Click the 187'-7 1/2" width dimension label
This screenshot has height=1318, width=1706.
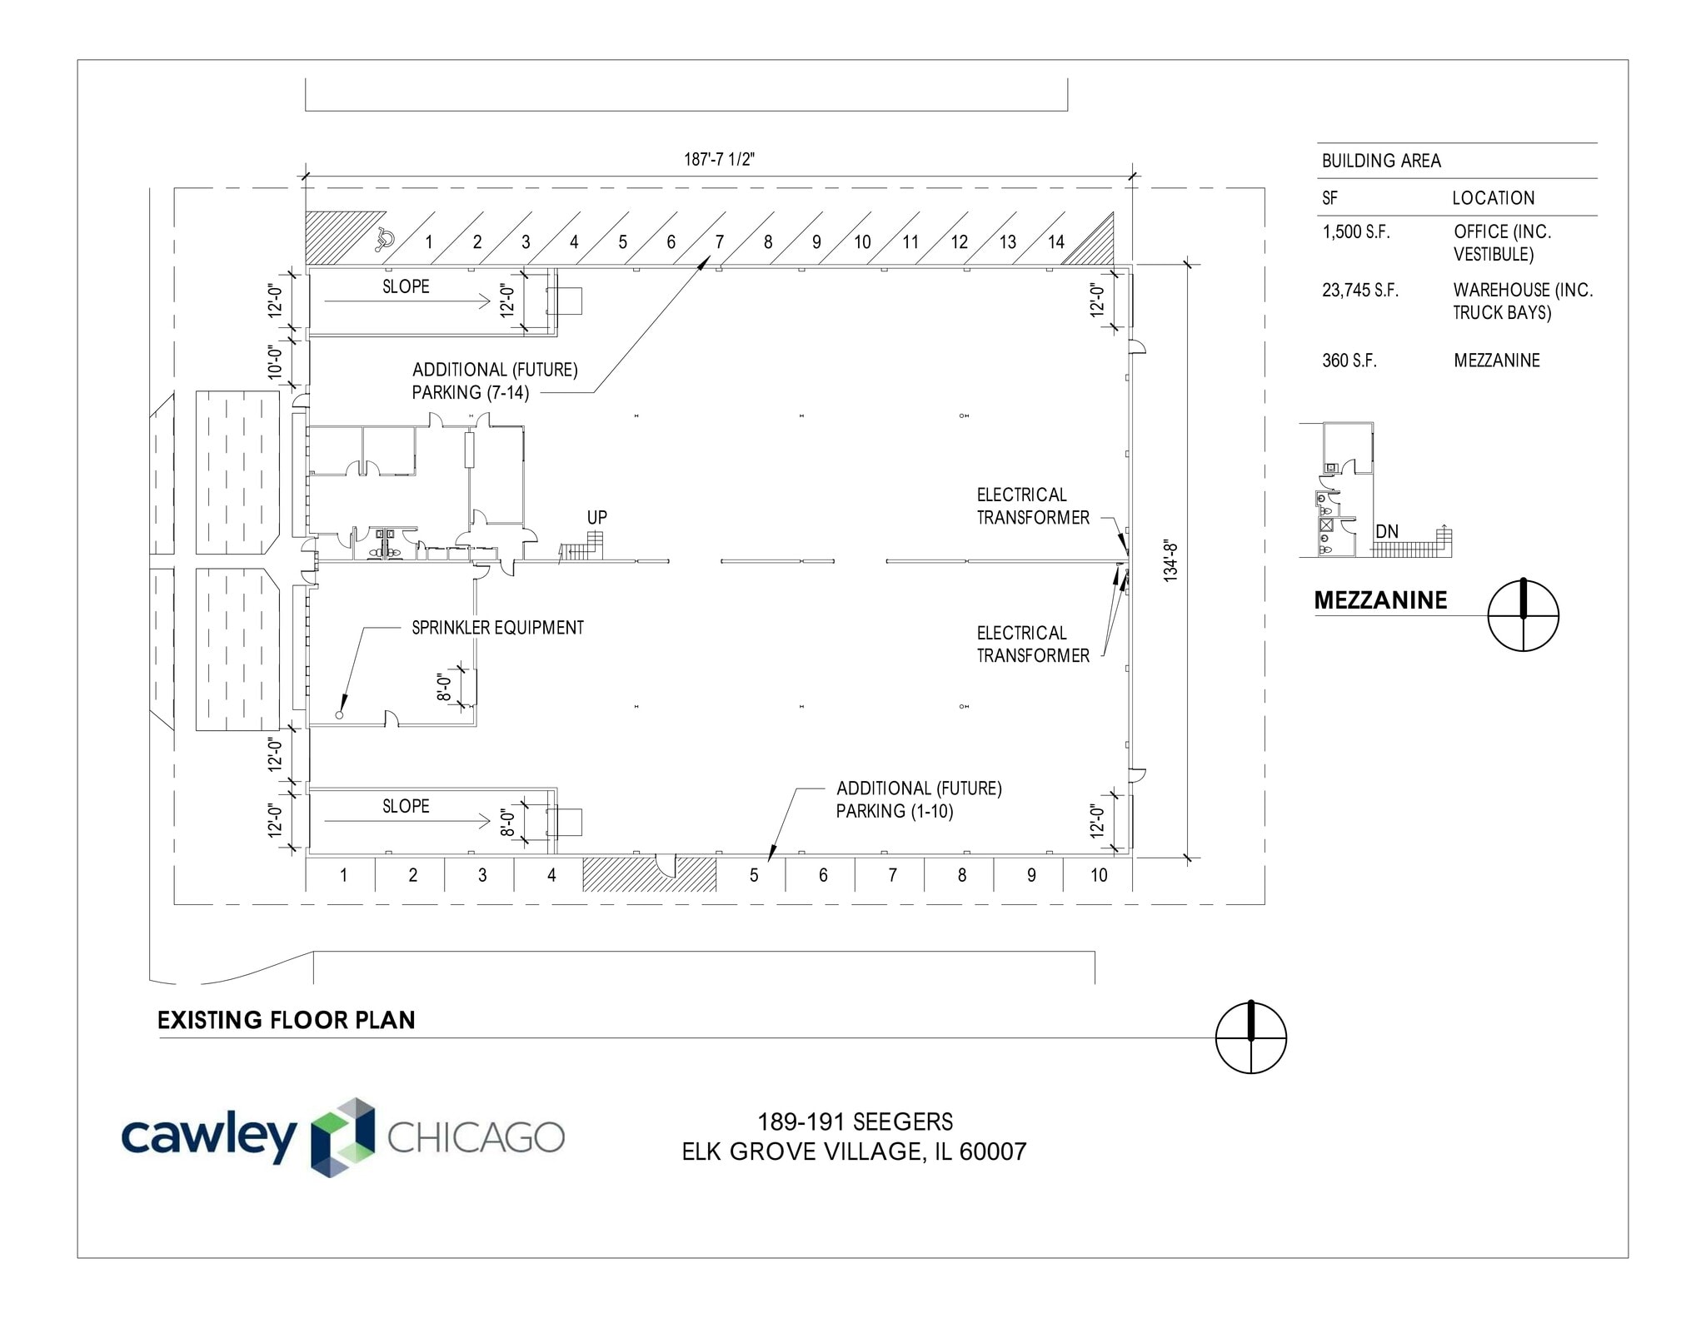pyautogui.click(x=719, y=159)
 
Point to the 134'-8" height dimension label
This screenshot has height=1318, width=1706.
pyautogui.click(x=1170, y=560)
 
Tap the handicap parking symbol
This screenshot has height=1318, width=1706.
pyautogui.click(x=384, y=239)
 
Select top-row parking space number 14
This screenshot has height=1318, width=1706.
pyautogui.click(x=1055, y=242)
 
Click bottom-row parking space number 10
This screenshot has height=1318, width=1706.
pyautogui.click(x=1099, y=875)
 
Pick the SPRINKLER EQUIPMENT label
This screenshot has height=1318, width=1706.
pyautogui.click(x=497, y=628)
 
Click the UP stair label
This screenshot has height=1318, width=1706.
pyautogui.click(x=596, y=517)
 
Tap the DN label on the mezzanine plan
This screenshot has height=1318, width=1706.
pyautogui.click(x=1387, y=531)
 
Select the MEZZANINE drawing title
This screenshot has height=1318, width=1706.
pyautogui.click(x=1380, y=600)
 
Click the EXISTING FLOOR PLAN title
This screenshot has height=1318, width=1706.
pyautogui.click(x=286, y=1020)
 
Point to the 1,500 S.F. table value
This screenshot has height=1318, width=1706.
pyautogui.click(x=1355, y=232)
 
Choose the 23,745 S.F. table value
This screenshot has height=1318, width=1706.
pyautogui.click(x=1359, y=291)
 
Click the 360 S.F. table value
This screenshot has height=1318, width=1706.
pyautogui.click(x=1349, y=361)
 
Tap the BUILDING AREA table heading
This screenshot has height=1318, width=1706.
pyautogui.click(x=1380, y=161)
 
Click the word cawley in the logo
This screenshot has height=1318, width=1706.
pyautogui.click(x=208, y=1137)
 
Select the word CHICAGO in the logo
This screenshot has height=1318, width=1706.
pyautogui.click(x=476, y=1137)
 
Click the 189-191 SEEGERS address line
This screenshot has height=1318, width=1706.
pyautogui.click(x=855, y=1122)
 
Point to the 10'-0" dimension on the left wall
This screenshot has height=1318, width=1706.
pyautogui.click(x=276, y=362)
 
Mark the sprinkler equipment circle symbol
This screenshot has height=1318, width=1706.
pyautogui.click(x=339, y=715)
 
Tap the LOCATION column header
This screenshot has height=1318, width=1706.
pyautogui.click(x=1493, y=198)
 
